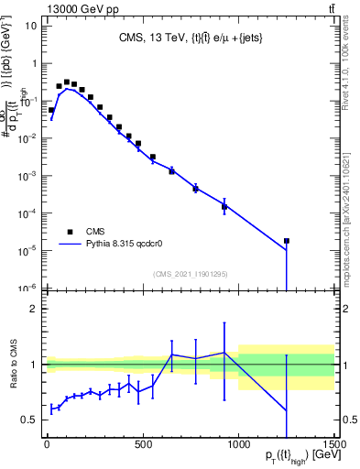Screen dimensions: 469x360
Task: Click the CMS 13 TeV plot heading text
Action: click(x=189, y=38)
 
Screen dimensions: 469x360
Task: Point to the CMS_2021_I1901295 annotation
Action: click(x=190, y=273)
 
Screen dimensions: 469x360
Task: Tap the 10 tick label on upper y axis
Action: click(x=30, y=26)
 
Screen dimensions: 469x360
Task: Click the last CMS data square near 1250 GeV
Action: click(x=287, y=241)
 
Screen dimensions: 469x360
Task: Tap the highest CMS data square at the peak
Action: click(x=67, y=82)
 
